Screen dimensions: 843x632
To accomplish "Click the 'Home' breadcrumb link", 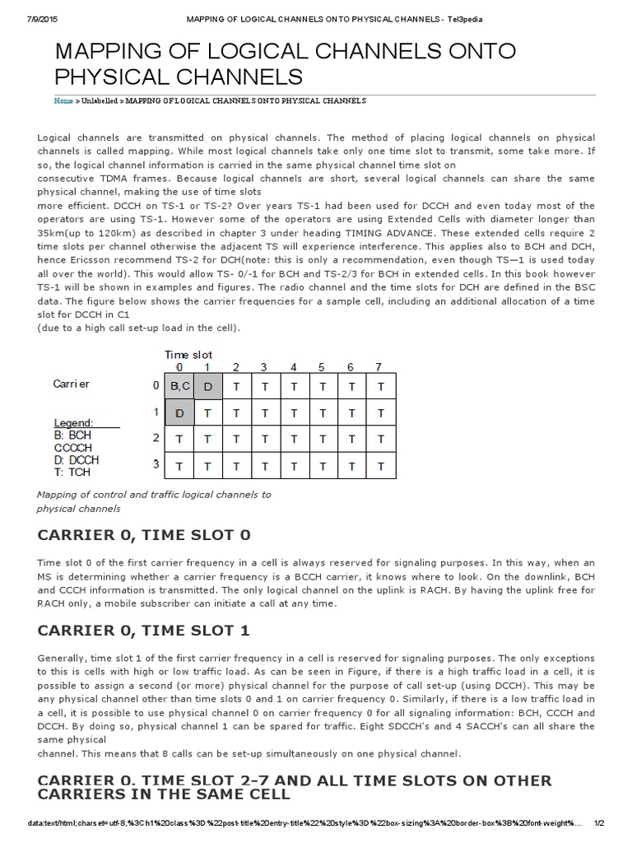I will tap(63, 100).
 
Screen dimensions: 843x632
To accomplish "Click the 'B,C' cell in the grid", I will tap(180, 385).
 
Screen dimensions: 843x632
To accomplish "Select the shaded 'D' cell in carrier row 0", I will tap(208, 385).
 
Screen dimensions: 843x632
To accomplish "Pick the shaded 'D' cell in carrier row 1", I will tap(180, 412).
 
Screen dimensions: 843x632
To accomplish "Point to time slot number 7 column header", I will tap(379, 366).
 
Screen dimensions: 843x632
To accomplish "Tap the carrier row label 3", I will tap(156, 463).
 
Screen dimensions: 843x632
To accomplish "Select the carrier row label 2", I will tap(156, 437).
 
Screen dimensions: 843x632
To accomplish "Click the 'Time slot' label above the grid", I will tap(188, 354).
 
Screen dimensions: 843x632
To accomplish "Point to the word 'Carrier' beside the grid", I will tap(72, 384).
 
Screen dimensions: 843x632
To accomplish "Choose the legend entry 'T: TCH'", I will tap(72, 473).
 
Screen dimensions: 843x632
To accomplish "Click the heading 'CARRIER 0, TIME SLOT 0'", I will tap(144, 534).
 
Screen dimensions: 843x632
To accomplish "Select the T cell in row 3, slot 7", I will tap(379, 465).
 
